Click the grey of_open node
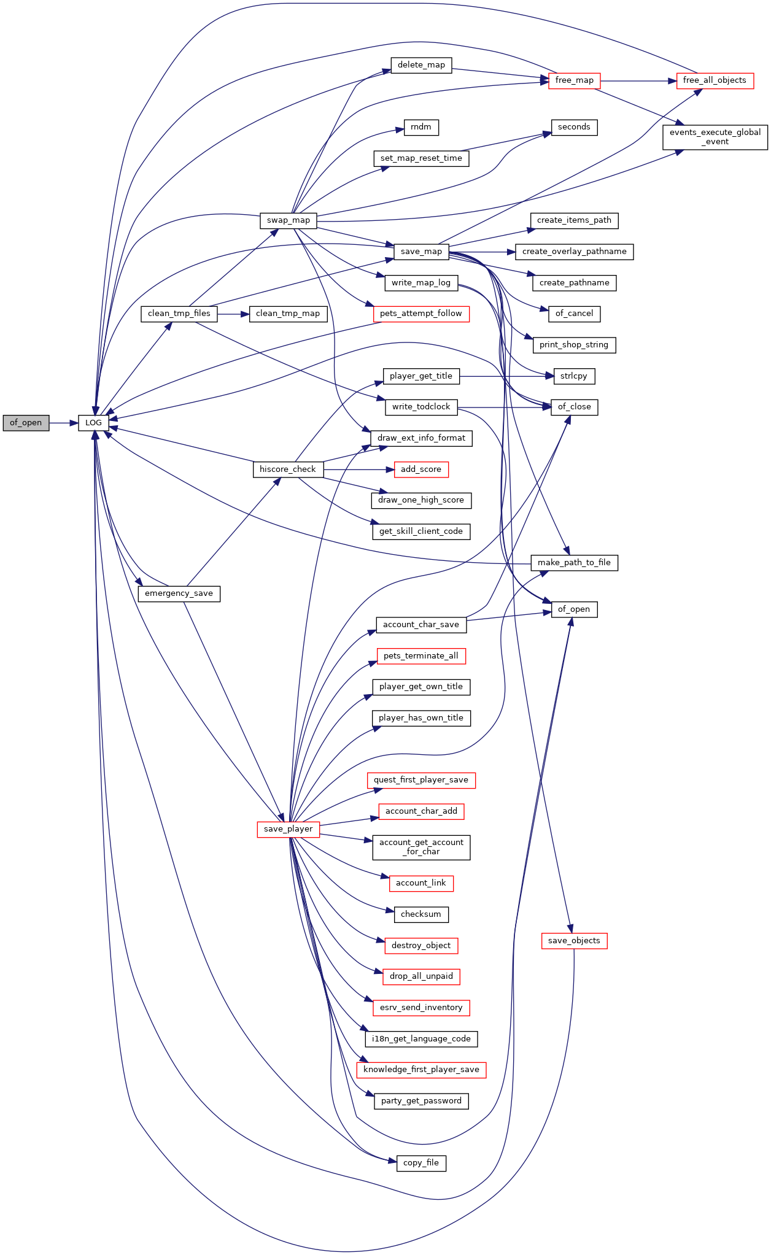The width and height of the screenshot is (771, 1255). pos(26,423)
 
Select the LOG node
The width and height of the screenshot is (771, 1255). pos(93,423)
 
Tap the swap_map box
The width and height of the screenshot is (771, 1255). pos(289,220)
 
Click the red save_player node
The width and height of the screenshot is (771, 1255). pos(289,829)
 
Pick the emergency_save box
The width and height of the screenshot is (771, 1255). pos(179,593)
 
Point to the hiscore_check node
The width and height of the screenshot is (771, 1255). pos(288,469)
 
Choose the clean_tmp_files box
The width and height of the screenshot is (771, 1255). pos(179,314)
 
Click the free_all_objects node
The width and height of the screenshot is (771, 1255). pos(715,80)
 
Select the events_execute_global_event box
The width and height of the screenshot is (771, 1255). pos(715,137)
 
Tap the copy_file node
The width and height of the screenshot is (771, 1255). pos(421,1163)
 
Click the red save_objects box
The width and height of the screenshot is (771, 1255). pos(574,941)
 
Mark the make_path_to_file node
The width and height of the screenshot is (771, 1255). pos(574,563)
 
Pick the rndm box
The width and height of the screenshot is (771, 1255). pos(421,127)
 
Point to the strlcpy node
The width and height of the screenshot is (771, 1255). pos(574,376)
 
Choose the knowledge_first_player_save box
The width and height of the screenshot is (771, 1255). pos(421,1070)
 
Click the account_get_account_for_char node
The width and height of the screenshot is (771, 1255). pos(421,847)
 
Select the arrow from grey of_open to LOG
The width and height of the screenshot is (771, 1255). pos(64,423)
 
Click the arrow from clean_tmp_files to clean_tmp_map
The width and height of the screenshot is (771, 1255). pos(233,314)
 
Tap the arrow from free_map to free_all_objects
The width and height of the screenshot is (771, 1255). pos(638,80)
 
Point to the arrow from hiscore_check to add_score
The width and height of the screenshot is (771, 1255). pos(358,469)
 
